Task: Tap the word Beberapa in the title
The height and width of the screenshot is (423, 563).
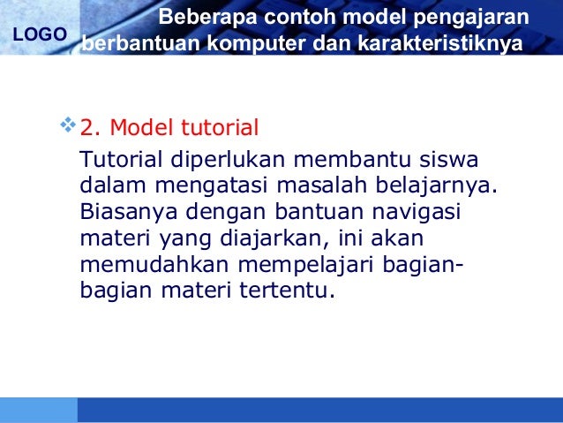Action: pos(198,18)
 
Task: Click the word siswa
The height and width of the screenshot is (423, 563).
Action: pos(447,162)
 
